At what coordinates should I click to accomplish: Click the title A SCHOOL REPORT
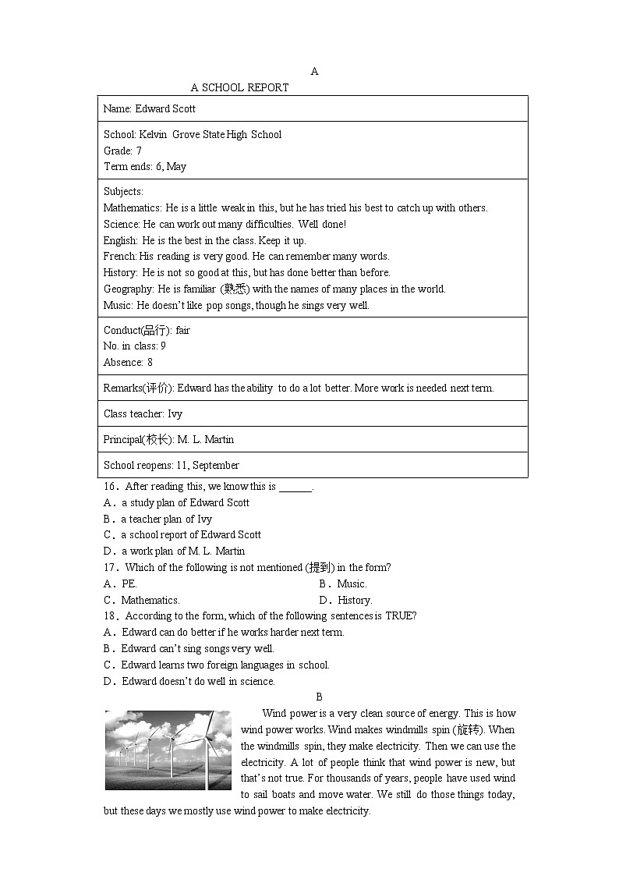pos(239,87)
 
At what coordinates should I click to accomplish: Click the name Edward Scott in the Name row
pos(165,108)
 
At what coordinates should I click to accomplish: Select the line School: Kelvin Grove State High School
pos(193,134)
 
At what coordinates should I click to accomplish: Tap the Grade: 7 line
pos(122,151)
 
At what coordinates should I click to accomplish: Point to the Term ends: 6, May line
pos(145,166)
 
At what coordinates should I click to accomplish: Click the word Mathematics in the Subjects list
pos(132,207)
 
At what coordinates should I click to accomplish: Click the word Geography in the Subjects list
pos(127,289)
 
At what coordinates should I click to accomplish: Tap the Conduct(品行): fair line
pos(147,330)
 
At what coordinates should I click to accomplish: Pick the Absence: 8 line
pos(128,362)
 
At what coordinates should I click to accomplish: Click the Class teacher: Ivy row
pos(143,413)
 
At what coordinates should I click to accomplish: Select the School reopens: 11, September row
pos(172,465)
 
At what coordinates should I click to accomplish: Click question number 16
pos(110,486)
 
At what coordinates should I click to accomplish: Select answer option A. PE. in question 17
pos(121,583)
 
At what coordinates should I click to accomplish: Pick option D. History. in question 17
pos(345,600)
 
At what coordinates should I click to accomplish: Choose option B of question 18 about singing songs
pos(189,648)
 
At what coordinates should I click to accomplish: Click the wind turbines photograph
pos(168,750)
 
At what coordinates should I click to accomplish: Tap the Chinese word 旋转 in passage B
pos(469,729)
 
